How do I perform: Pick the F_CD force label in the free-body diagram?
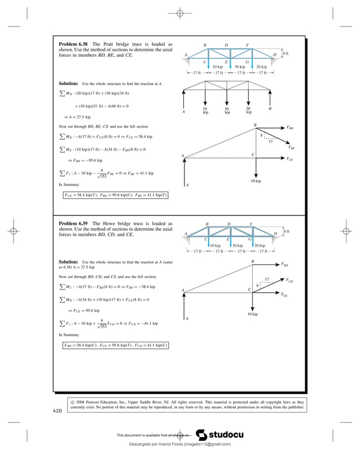pos(289,280)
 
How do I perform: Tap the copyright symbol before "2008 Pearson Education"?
pos(73,402)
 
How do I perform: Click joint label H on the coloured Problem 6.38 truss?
pos(275,55)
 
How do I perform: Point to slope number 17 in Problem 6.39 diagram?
pos(267,279)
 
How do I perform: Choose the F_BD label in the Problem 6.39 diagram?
pos(285,264)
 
